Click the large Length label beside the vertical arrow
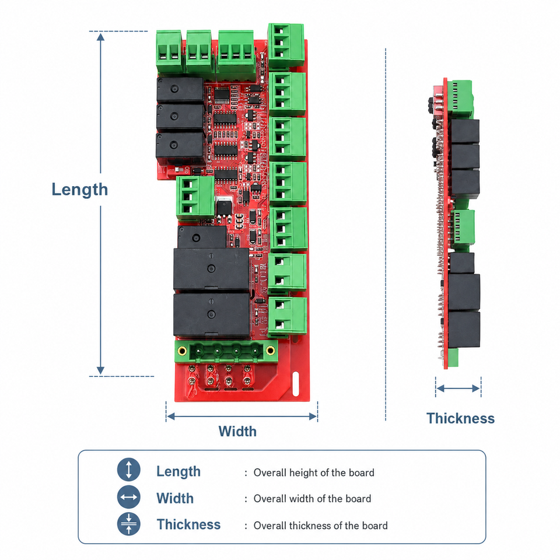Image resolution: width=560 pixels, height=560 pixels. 80,190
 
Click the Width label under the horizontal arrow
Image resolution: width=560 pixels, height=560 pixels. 237,432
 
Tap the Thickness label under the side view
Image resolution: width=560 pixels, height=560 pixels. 460,418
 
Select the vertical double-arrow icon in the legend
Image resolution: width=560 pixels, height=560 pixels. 128,469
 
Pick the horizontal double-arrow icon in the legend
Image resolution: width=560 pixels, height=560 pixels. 128,497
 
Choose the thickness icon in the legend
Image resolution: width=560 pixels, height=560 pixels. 128,524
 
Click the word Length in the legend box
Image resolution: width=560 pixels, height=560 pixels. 178,472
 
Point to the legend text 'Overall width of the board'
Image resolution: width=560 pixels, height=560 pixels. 312,499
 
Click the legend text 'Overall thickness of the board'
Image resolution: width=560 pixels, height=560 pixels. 320,526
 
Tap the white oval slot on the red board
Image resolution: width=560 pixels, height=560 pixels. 295,384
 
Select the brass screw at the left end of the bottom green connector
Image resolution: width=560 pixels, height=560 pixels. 182,351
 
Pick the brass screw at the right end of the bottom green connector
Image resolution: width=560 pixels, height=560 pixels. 270,351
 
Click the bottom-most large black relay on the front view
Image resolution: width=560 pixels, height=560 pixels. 211,314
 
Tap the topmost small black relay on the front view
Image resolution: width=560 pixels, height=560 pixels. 180,89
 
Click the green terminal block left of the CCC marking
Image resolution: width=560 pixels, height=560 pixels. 195,197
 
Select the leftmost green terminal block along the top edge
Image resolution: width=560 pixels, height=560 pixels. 169,52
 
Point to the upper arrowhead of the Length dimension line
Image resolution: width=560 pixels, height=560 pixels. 101,37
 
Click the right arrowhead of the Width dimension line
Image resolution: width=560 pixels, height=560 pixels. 313,416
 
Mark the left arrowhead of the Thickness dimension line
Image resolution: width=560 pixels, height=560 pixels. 440,388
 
